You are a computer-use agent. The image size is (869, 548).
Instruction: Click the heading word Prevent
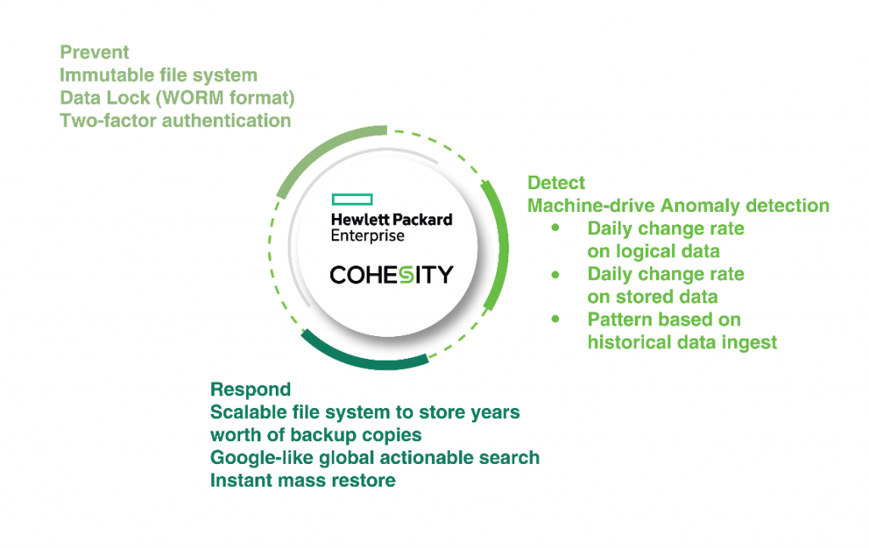click(x=94, y=52)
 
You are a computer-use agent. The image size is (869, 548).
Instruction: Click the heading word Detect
click(x=556, y=183)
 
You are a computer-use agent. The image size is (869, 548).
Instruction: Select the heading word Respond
click(x=250, y=389)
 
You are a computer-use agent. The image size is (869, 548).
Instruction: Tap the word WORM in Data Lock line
click(x=192, y=98)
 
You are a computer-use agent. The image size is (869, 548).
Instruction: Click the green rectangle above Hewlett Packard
click(x=352, y=199)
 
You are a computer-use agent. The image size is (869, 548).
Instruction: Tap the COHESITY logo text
click(x=391, y=275)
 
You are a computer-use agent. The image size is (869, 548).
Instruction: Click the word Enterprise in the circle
click(x=367, y=236)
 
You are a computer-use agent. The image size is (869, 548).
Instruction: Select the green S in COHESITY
click(x=406, y=275)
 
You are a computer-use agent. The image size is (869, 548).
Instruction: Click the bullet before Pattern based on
click(x=555, y=319)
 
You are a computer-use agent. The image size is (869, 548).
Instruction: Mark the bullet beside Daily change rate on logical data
click(x=555, y=227)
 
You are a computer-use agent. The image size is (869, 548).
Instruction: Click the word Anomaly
click(x=700, y=206)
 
